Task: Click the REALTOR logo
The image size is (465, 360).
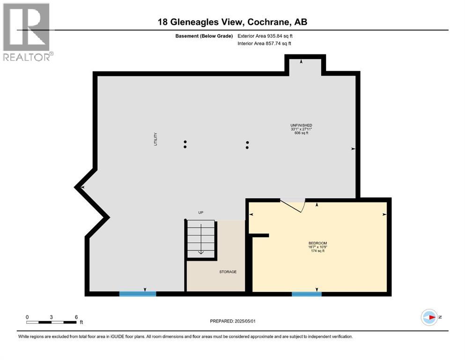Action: click(x=27, y=32)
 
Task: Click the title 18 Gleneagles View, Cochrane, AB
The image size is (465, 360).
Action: click(x=232, y=22)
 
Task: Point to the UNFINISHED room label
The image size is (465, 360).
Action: click(x=301, y=125)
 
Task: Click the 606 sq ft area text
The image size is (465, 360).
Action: click(x=301, y=133)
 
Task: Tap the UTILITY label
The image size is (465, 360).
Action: click(x=155, y=139)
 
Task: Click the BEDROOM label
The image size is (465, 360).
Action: click(x=317, y=243)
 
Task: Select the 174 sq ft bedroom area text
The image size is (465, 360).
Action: click(x=317, y=251)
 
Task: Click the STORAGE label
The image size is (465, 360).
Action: click(x=228, y=272)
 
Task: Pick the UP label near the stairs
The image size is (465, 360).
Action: click(x=201, y=212)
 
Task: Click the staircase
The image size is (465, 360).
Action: click(x=201, y=239)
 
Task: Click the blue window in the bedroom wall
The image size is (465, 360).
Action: click(x=307, y=294)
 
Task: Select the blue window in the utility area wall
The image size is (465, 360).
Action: click(x=137, y=294)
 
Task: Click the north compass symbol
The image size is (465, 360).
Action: click(x=429, y=317)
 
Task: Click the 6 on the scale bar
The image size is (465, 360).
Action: click(x=76, y=317)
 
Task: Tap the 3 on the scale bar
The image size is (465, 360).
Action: click(x=51, y=317)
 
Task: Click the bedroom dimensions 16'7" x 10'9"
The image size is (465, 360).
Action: click(x=317, y=247)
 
